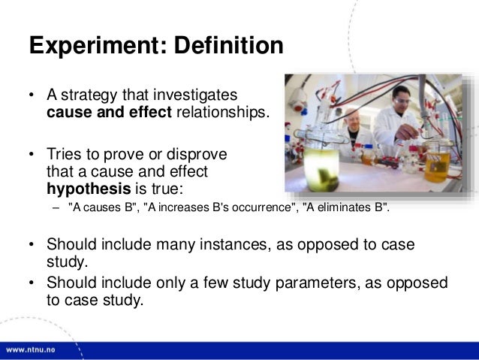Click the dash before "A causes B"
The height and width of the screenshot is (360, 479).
click(55, 208)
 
